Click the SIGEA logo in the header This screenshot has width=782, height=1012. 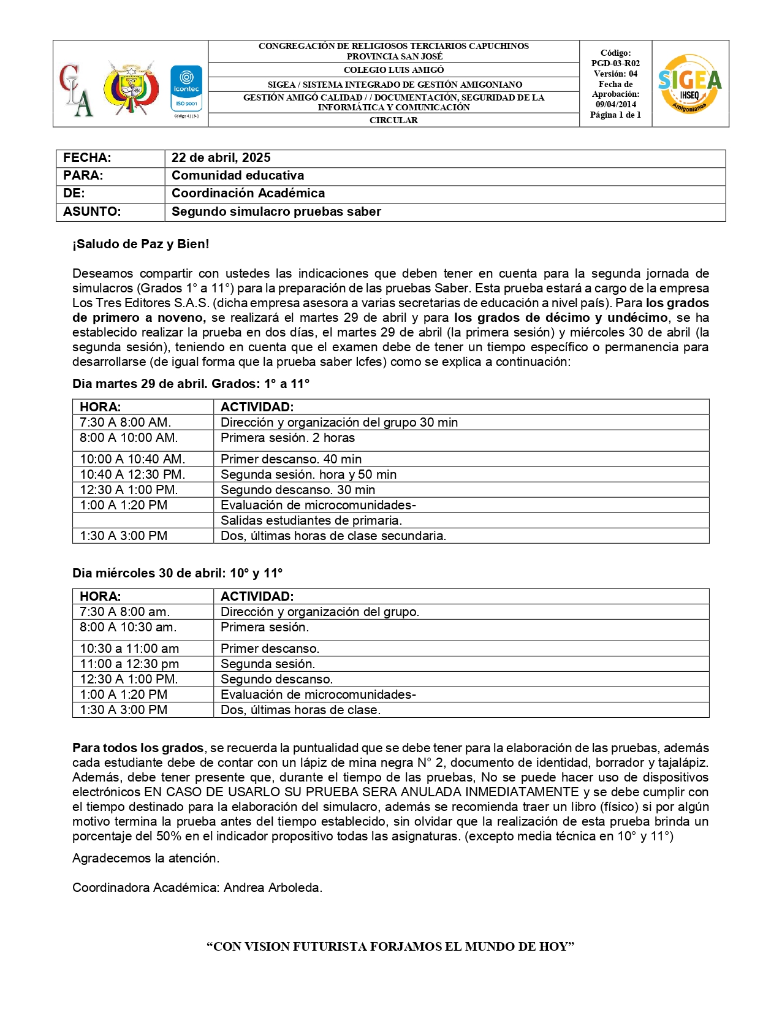point(689,83)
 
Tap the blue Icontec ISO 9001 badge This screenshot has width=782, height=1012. point(186,89)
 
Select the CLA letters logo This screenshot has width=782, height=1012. point(77,89)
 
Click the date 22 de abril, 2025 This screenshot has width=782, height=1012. point(221,158)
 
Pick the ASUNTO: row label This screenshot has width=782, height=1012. point(92,211)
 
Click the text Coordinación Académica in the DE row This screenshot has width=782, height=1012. point(248,193)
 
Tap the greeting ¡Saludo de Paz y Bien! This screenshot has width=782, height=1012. point(141,244)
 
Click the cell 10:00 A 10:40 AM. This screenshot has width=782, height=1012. point(132,459)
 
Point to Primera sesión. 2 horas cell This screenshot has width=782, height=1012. point(287,438)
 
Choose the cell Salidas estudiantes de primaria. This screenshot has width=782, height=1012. point(311,520)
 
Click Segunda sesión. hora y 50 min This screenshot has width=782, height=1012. point(308,474)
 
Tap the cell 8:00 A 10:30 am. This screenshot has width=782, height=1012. point(127,627)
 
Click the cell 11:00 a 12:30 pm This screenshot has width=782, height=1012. point(129,664)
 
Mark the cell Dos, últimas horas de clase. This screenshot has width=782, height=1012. point(300,710)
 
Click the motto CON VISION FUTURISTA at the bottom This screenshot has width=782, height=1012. point(390,946)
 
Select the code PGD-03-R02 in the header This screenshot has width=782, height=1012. point(615,63)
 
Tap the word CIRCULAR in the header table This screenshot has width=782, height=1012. point(393,120)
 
